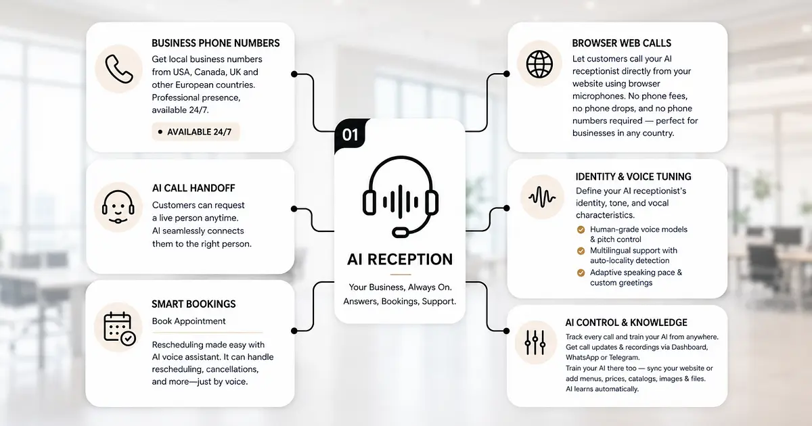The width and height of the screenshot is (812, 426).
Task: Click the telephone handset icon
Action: click(119, 69)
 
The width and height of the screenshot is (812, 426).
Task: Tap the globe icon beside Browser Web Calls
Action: click(539, 64)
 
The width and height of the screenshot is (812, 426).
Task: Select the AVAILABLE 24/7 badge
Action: click(196, 132)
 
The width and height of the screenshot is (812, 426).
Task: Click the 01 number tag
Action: click(350, 135)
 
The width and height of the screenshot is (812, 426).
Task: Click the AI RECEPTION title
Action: click(400, 260)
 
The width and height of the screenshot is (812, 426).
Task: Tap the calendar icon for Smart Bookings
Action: click(120, 328)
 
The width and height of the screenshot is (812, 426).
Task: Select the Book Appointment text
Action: click(189, 321)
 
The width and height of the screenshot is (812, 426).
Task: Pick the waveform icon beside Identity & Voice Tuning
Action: click(542, 197)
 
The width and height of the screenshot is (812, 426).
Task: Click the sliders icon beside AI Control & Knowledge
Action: click(535, 342)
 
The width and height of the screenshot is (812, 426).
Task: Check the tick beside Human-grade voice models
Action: click(581, 230)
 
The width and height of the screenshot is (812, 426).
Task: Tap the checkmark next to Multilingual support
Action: click(581, 251)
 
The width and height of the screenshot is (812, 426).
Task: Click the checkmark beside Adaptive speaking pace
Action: click(581, 273)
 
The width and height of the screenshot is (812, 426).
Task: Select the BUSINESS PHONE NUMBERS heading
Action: click(216, 43)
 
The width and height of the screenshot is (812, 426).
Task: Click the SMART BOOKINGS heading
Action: click(194, 304)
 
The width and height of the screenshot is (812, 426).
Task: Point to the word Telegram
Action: click(624, 358)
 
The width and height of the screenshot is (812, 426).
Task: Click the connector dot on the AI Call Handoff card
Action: click(294, 209)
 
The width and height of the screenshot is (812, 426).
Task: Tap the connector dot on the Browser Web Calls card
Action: click(506, 74)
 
